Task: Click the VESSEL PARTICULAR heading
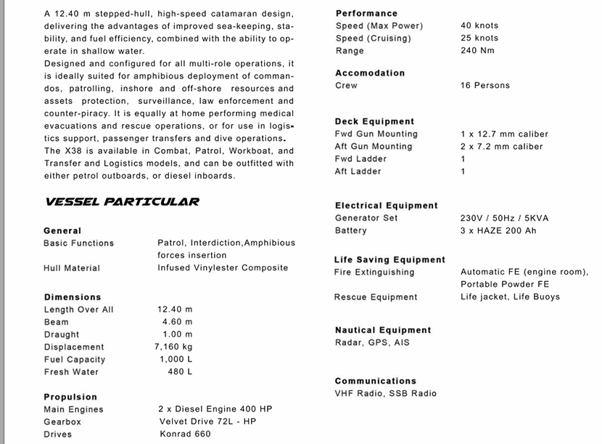tap(122, 202)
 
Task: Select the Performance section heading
tap(366, 13)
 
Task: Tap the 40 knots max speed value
tap(479, 25)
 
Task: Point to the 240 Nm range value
tap(478, 51)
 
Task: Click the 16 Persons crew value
tap(485, 85)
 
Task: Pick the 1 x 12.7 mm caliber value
tap(504, 134)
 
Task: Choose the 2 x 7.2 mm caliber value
tap(501, 146)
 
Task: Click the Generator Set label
tap(366, 218)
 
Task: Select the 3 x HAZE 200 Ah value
tap(498, 230)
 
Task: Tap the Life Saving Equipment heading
tap(389, 259)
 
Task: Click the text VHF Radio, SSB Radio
tap(386, 393)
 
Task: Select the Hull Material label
tap(72, 268)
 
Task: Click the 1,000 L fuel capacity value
tap(176, 359)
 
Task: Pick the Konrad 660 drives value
tap(185, 434)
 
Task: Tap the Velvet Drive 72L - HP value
tap(207, 421)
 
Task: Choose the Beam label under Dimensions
tap(56, 322)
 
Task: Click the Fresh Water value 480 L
tap(180, 371)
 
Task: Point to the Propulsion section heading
tap(70, 397)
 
